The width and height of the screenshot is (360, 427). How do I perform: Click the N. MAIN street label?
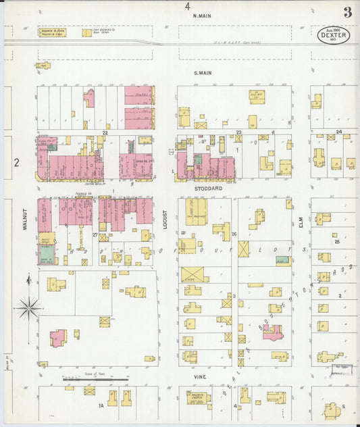[202, 16]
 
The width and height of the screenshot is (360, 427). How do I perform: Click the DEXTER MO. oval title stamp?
[334, 35]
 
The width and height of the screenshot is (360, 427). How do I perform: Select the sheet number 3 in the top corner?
[347, 11]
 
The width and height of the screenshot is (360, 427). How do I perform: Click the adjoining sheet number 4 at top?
[187, 6]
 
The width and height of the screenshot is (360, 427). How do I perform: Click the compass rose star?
[28, 308]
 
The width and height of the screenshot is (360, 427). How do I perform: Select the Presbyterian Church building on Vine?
[198, 397]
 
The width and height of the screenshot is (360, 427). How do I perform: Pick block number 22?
[105, 133]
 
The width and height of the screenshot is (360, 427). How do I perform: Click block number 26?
[234, 234]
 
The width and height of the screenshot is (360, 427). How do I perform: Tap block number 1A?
[101, 405]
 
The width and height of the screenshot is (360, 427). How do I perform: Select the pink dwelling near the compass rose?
[57, 337]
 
